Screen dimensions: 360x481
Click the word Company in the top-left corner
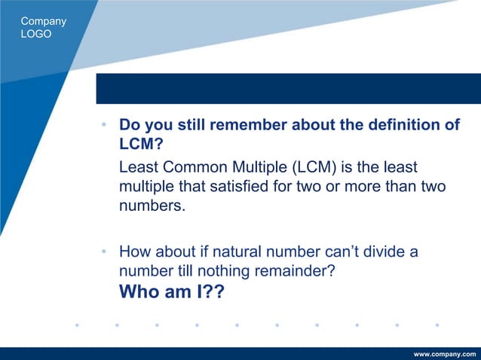[44, 21]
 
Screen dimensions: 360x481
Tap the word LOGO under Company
[36, 34]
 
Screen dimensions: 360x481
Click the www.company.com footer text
[445, 353]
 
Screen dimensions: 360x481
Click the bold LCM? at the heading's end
[136, 144]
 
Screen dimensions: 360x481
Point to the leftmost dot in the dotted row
[77, 326]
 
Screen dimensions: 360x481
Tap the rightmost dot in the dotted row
[437, 326]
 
